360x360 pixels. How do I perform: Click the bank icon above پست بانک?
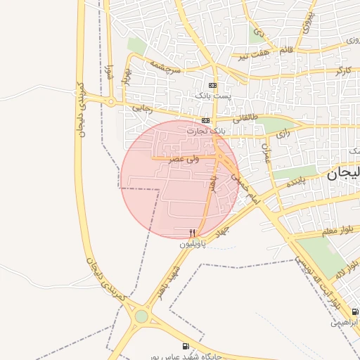(x=213, y=85)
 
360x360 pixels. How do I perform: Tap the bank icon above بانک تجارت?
(x=205, y=120)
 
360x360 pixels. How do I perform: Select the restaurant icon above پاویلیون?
(x=193, y=233)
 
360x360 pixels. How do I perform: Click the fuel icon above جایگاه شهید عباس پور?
(x=186, y=345)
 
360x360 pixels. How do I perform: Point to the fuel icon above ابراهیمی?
(x=355, y=311)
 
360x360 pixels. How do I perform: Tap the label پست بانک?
(x=211, y=94)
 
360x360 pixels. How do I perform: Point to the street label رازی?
(x=283, y=132)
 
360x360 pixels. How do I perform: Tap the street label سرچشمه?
(x=165, y=66)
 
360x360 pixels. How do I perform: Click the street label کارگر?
(x=342, y=70)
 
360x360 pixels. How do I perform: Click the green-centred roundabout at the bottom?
(x=142, y=316)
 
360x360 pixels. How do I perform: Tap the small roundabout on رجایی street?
(x=111, y=102)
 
